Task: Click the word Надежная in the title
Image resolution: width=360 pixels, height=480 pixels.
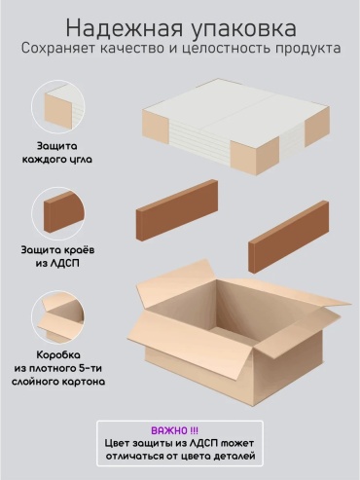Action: click(x=124, y=28)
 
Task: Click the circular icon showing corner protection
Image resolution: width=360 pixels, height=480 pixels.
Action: click(x=58, y=106)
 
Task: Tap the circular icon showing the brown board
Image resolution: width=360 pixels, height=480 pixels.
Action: click(x=58, y=213)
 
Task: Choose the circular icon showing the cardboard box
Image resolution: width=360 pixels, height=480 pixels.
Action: click(x=58, y=317)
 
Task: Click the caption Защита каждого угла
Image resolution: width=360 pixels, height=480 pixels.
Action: click(x=57, y=153)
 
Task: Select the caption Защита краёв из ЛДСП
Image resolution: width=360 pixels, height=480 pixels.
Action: click(x=57, y=256)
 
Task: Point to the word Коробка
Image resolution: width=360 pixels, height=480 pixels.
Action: click(x=58, y=354)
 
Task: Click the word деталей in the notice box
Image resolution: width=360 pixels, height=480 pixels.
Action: click(x=234, y=456)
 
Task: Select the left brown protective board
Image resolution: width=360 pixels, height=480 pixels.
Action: click(x=177, y=210)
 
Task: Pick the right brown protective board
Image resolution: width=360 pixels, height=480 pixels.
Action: click(x=289, y=237)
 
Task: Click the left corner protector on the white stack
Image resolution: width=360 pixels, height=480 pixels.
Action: click(x=156, y=127)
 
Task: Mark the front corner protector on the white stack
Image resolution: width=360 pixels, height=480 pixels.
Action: click(x=255, y=155)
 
